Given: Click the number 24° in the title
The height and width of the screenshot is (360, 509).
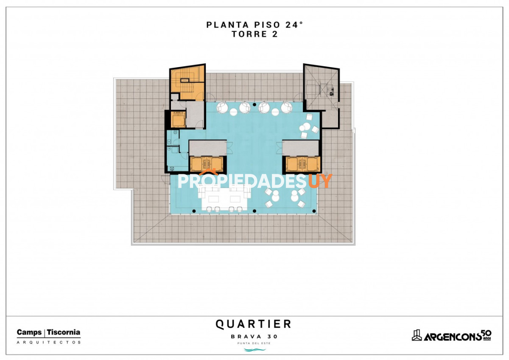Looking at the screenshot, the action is [294, 25].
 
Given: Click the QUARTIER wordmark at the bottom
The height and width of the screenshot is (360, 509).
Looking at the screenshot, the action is [253, 324].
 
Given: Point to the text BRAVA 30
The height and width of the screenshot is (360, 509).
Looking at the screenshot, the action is [254, 337].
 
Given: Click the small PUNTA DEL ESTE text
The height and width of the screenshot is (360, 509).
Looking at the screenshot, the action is [254, 343].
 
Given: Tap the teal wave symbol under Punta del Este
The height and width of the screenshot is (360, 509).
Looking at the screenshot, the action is [255, 349].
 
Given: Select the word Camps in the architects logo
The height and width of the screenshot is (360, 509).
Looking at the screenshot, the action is [29, 333].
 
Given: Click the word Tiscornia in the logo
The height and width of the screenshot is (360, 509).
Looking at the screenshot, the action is [64, 332].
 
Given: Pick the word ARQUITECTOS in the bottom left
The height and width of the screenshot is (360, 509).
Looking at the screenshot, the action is [49, 343].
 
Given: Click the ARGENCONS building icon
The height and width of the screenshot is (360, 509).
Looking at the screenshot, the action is [417, 335].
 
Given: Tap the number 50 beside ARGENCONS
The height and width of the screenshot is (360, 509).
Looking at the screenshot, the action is [487, 334].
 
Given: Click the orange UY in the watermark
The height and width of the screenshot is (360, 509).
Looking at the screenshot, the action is [320, 181].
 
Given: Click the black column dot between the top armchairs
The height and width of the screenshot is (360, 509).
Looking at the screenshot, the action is [255, 104].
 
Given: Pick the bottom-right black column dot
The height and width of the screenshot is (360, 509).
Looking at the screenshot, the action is [314, 211].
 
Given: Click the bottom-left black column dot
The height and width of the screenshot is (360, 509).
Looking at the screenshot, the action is [194, 211].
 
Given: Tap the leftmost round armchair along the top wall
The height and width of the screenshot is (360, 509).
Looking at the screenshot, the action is [222, 107].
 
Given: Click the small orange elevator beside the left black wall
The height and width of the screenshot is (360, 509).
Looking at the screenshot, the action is [179, 119].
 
